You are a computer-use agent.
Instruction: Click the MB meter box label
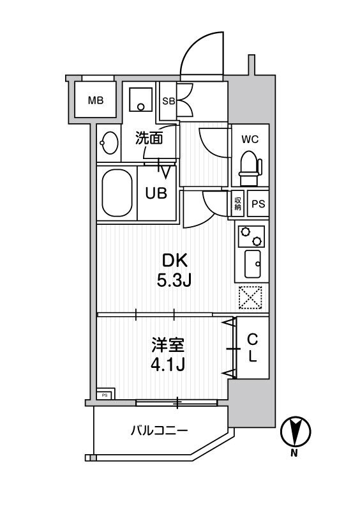[x=96, y=100]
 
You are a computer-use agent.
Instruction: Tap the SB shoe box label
[x=169, y=101]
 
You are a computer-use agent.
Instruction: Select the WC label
[x=250, y=139]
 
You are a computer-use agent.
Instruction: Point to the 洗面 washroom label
[x=147, y=136]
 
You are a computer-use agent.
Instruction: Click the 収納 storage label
[x=237, y=204]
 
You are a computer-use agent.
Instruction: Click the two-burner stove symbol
[x=250, y=237]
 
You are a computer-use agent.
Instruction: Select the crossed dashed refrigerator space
[x=250, y=296]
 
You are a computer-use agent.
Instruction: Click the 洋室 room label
[x=168, y=346]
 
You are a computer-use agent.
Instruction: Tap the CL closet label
[x=253, y=348]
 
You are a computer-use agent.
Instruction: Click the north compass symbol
[x=294, y=431]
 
